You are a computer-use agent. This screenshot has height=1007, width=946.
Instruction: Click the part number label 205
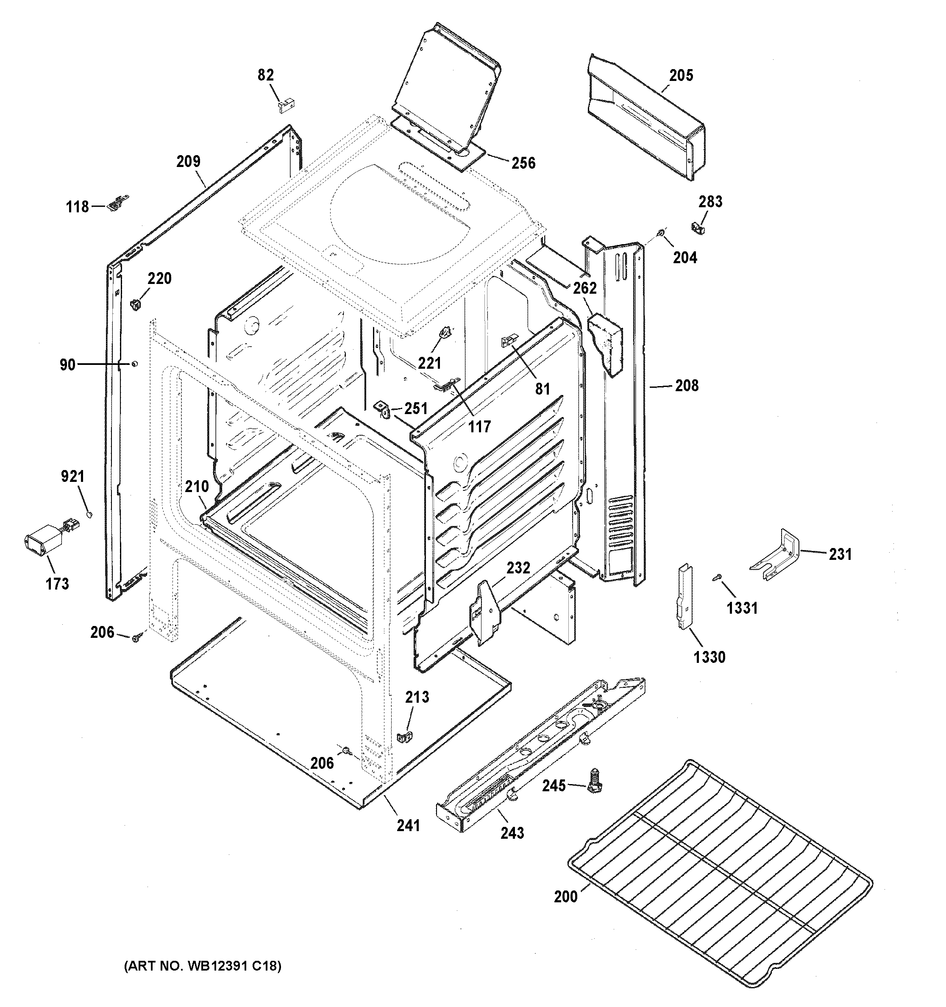681,75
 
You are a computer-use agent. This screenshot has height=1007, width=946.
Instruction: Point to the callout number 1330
709,657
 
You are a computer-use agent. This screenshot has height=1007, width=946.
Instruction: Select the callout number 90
67,365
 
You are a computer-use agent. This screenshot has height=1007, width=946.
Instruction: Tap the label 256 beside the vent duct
523,163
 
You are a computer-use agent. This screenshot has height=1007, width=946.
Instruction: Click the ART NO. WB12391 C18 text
203,966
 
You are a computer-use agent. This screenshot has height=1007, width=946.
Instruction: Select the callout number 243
512,833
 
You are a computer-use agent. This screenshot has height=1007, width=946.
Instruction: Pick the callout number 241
408,825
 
